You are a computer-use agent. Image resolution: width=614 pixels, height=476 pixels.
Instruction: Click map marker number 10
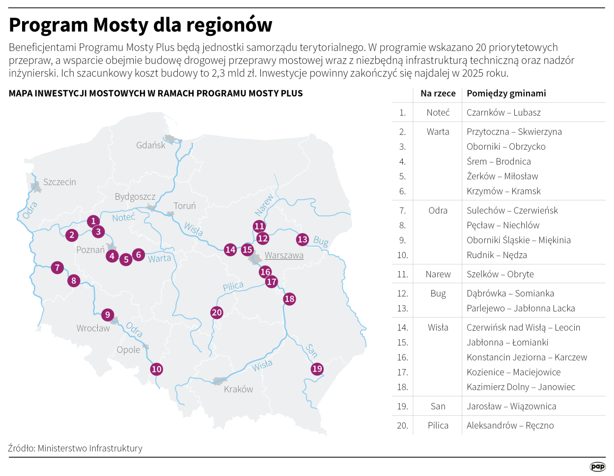pos(156,369)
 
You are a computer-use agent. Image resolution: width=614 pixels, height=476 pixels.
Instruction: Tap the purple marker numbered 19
pos(317,369)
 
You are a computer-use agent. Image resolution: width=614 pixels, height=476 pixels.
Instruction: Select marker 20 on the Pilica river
pos(217,312)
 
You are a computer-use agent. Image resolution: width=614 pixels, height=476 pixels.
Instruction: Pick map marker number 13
pos(302,239)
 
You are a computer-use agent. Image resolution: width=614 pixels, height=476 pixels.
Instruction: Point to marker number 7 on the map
pos(57,267)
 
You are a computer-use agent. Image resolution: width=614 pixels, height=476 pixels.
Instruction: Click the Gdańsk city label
pos(151,145)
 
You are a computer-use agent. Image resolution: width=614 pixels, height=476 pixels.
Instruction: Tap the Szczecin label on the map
pos(59,182)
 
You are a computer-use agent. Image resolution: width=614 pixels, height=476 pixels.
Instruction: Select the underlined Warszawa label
pos(284,255)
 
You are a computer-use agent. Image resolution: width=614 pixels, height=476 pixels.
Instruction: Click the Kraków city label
pos(238,389)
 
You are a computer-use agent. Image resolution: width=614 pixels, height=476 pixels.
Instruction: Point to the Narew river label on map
pos(264,205)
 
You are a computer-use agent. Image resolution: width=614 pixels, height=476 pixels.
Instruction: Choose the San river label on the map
pos(311,350)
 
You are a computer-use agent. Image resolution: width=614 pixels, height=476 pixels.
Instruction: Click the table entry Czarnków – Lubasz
pos(503,112)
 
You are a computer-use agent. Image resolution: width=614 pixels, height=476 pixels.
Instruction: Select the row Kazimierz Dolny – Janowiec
pos(521,387)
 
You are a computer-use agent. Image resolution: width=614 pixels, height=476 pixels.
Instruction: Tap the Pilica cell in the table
pos(438,425)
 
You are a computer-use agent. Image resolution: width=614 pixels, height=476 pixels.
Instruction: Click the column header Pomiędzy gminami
pos(506,93)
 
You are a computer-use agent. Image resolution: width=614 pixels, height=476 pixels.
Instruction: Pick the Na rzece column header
pos(438,93)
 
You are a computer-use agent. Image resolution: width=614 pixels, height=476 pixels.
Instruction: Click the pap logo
pos(597,467)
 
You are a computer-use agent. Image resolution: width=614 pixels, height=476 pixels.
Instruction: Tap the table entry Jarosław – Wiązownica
pos(511,406)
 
